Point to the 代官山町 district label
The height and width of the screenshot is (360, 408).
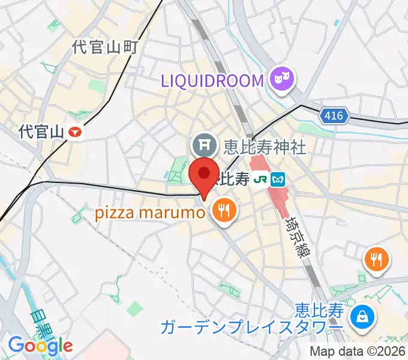pos(105,47)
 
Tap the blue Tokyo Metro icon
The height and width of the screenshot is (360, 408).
pos(278,178)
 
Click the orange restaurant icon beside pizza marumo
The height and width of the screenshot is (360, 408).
pos(224,210)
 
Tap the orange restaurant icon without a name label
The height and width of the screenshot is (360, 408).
pos(376,259)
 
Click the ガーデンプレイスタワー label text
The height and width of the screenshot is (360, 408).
pos(252,327)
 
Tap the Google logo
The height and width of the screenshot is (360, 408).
pos(40,346)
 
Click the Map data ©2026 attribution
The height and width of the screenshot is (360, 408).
pos(358,351)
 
